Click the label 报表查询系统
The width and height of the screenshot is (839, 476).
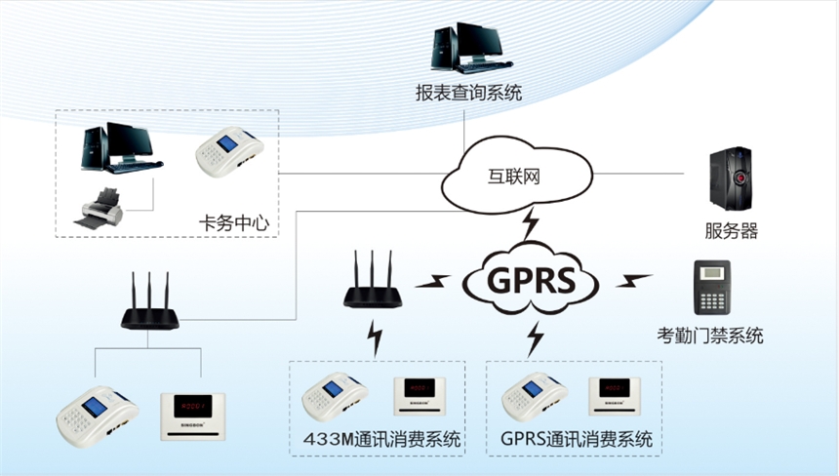tap(468, 95)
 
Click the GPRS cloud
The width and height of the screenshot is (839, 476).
tap(529, 282)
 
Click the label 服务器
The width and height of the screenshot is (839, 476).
tap(731, 231)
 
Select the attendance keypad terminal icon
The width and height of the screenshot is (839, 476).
tap(713, 289)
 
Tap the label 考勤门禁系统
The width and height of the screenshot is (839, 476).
tap(709, 337)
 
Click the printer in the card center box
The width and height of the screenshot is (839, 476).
tap(101, 208)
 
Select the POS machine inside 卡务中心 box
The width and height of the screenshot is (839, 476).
tap(229, 153)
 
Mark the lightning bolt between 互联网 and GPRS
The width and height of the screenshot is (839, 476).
tap(530, 224)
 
